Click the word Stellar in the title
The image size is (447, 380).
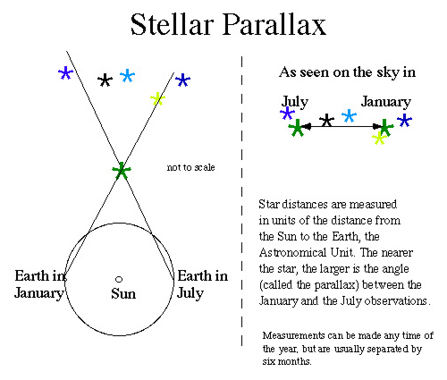[173, 24]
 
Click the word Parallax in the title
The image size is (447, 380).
[274, 24]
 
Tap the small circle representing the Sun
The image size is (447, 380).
[119, 279]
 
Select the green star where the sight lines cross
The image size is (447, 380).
[122, 171]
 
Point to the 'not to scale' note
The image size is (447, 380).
[190, 167]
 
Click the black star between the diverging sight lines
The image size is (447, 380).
[105, 80]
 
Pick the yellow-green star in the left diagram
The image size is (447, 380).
[157, 98]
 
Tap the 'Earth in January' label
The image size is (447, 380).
[40, 284]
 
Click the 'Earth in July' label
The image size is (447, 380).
[203, 284]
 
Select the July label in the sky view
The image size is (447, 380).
[295, 102]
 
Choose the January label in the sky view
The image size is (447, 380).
[386, 102]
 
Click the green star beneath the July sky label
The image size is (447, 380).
[297, 128]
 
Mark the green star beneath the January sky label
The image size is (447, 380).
[385, 127]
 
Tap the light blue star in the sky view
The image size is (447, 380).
[349, 116]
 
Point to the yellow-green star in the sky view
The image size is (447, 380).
[379, 138]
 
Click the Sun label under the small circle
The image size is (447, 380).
[123, 294]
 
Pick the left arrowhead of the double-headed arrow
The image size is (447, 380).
[307, 127]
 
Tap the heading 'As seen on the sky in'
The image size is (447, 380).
[347, 72]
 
